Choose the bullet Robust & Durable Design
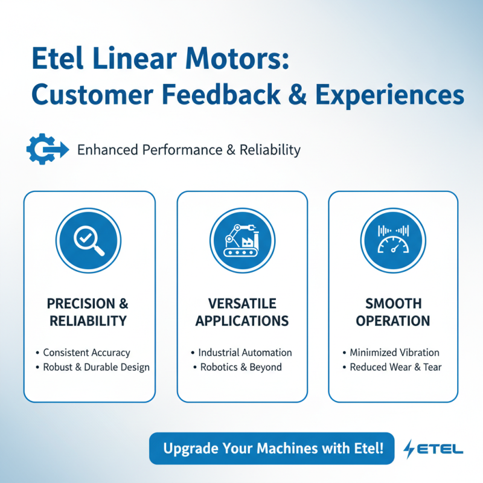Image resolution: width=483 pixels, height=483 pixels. point(96,367)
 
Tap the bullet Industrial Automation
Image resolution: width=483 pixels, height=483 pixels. point(245,353)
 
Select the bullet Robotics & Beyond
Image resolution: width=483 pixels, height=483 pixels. point(241,367)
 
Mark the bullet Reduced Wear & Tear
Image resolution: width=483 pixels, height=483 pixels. point(395,367)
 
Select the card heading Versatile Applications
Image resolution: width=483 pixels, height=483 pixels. point(242,312)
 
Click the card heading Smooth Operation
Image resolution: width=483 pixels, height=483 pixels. point(393,312)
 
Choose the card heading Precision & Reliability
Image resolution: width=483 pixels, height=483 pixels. point(89,312)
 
